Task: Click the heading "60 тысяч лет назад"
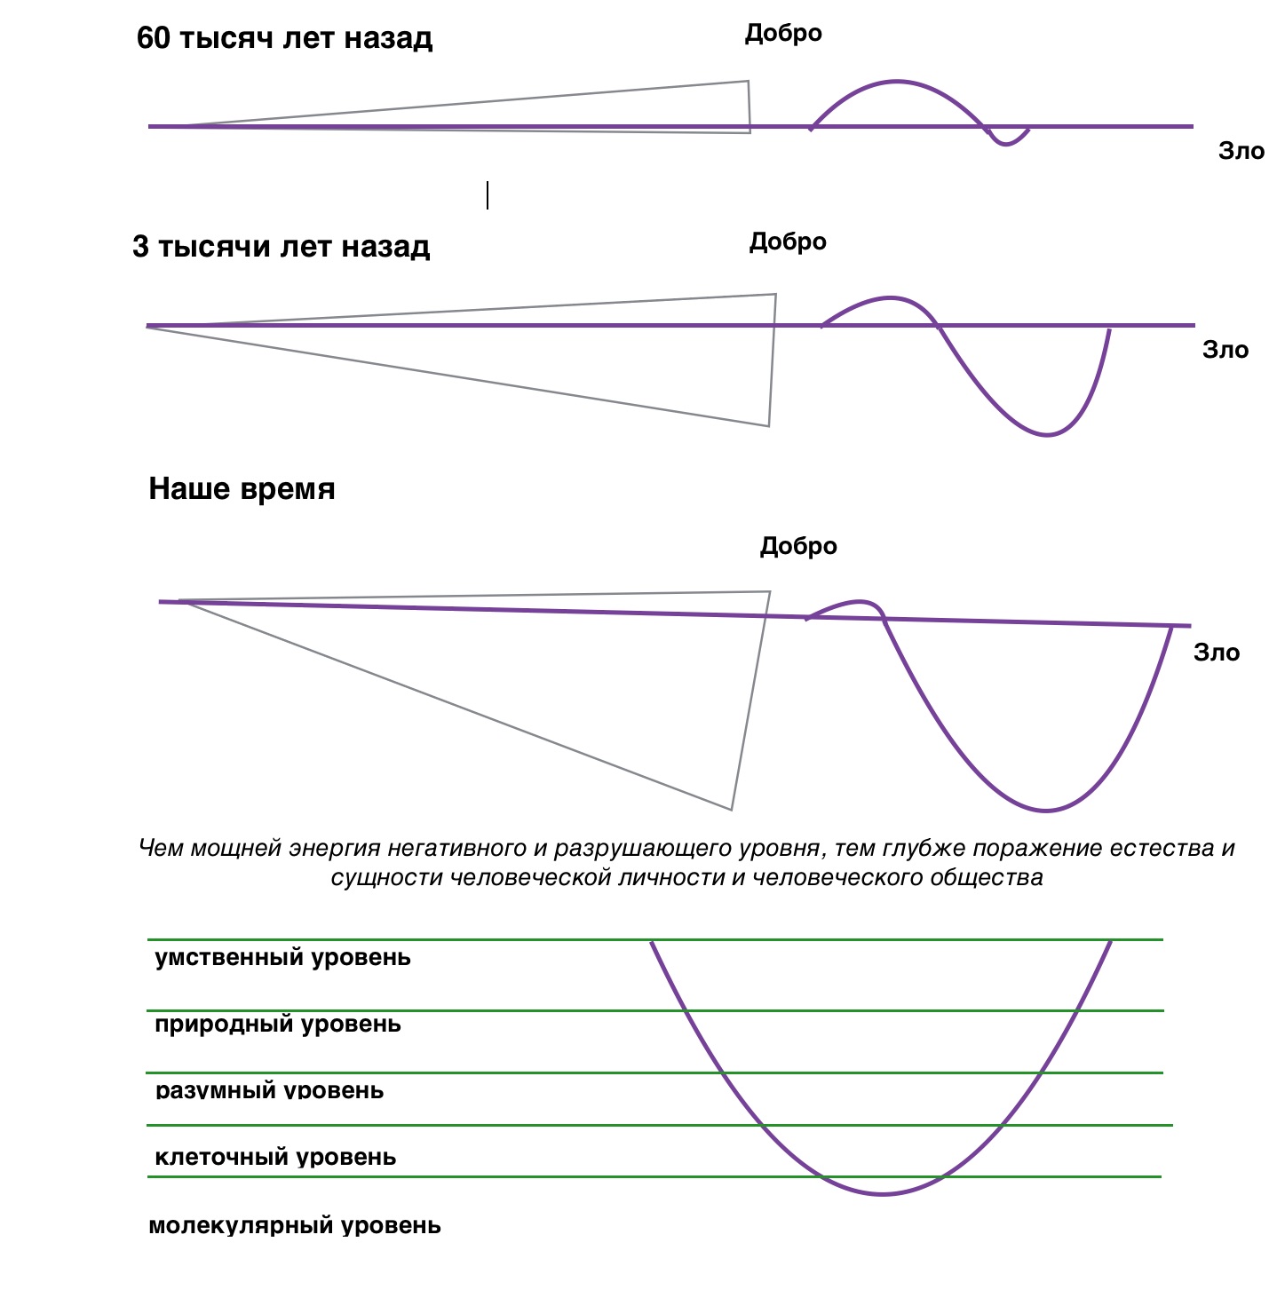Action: pos(283,38)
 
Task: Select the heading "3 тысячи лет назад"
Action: pos(281,247)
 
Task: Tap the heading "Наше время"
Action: pos(242,489)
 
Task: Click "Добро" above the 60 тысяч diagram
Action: pos(783,34)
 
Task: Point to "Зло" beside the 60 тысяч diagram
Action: pos(1241,151)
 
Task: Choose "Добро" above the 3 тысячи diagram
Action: pos(788,242)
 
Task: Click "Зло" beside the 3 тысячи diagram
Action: pos(1225,351)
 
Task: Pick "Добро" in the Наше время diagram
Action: pos(798,546)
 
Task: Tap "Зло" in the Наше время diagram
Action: pos(1217,653)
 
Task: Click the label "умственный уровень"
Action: pos(282,958)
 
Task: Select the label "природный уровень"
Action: pos(278,1025)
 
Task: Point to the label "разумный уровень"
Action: pos(270,1090)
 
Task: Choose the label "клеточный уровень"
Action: pos(275,1158)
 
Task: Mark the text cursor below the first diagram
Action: pos(488,195)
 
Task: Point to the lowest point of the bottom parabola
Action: pos(882,1194)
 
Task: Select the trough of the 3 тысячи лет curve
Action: pos(1046,435)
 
